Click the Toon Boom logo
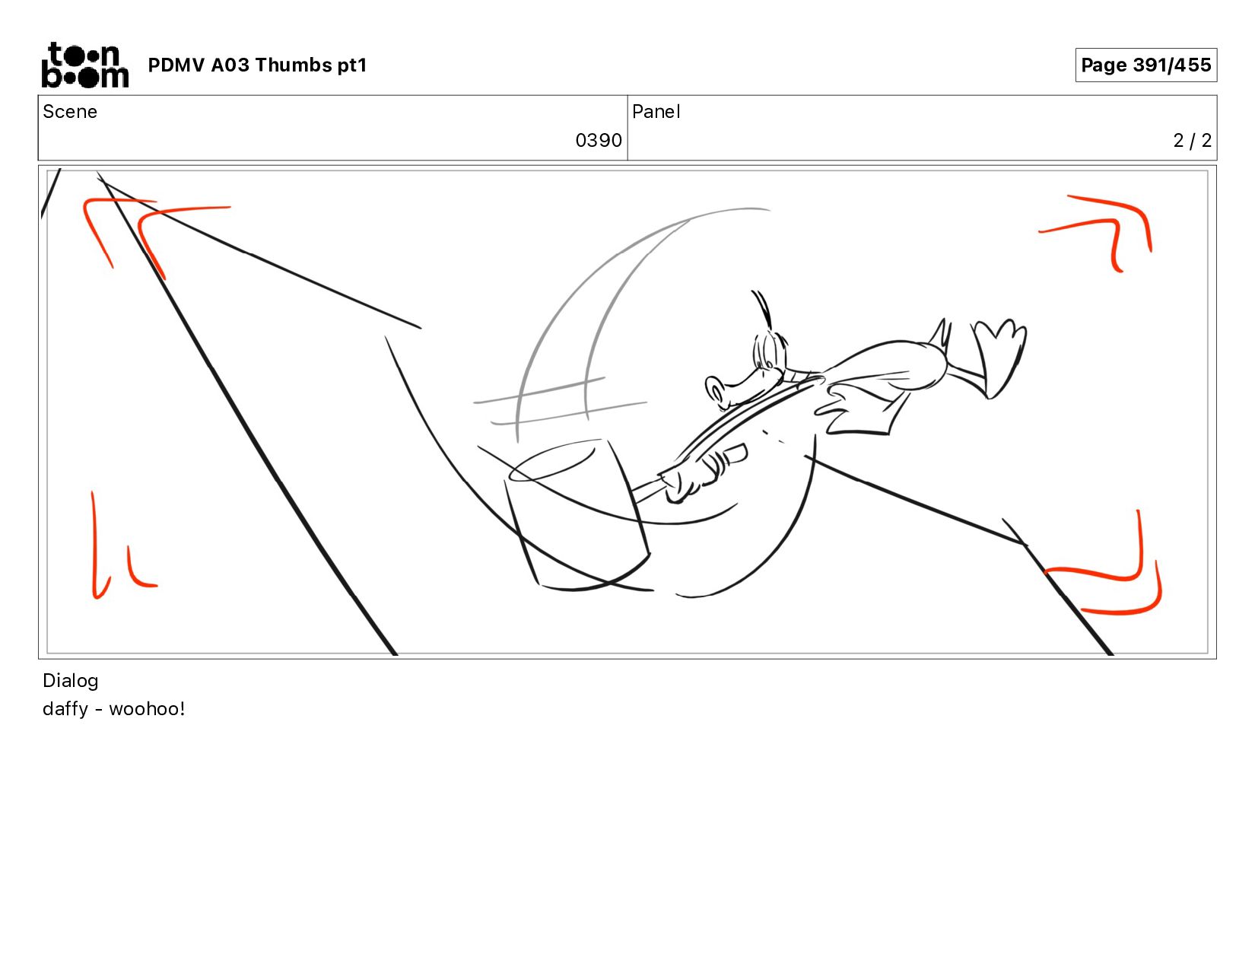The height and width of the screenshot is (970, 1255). (85, 65)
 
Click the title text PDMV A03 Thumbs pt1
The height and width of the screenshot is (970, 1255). (257, 65)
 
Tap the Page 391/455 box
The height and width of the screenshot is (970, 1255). (1145, 65)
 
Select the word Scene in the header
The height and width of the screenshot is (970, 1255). (70, 112)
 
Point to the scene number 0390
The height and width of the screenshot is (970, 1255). (599, 141)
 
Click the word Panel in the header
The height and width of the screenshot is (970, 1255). (656, 112)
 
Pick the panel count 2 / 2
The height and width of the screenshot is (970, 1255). (1192, 141)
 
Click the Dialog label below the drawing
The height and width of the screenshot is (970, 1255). (71, 681)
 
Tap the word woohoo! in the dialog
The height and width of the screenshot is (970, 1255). (147, 709)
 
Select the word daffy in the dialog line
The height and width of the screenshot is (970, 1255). (65, 709)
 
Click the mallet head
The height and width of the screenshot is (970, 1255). (577, 515)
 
